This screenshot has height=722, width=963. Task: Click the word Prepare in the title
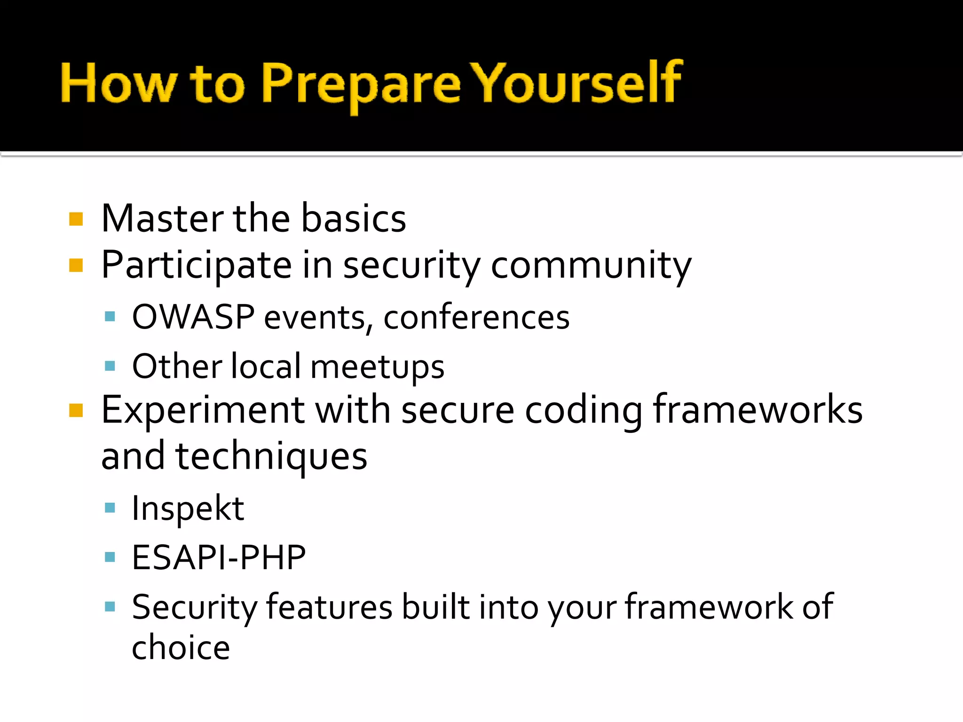(360, 85)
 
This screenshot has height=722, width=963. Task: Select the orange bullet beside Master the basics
(76, 220)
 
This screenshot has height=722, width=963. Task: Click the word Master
(162, 219)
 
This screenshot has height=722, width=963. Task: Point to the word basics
(353, 219)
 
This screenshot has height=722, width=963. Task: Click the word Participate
(196, 266)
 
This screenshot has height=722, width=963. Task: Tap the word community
(591, 266)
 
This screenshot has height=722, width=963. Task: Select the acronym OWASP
(193, 317)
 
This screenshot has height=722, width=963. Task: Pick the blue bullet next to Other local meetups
(110, 366)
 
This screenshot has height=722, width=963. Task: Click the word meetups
(377, 367)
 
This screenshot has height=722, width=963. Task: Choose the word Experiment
(203, 410)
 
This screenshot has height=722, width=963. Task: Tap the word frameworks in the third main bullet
(758, 410)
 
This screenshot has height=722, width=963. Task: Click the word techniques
(271, 457)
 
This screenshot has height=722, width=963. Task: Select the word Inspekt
(188, 509)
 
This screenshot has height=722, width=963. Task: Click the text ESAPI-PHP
(219, 558)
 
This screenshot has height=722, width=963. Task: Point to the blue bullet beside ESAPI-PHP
(110, 557)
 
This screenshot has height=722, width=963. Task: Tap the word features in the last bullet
(329, 607)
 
